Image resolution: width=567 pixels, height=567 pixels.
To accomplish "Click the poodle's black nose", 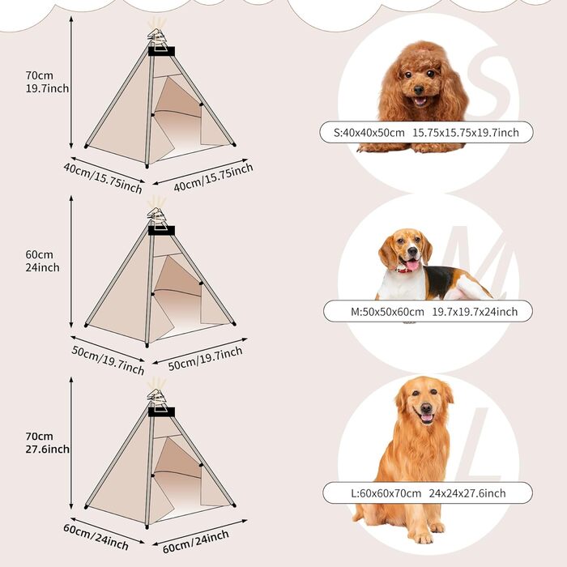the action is [x=419, y=89].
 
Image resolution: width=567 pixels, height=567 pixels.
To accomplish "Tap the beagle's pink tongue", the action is [x=412, y=266].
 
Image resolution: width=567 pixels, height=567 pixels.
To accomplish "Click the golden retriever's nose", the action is [x=426, y=408].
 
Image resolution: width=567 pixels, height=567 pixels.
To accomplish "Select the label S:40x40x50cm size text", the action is [x=369, y=133].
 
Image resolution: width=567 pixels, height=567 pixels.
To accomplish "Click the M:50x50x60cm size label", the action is [x=387, y=312].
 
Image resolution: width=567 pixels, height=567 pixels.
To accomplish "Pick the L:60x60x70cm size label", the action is [x=386, y=493].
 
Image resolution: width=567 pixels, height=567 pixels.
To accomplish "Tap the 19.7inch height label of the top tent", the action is [x=47, y=88].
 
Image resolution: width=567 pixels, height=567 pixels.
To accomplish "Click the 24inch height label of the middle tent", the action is [x=42, y=267].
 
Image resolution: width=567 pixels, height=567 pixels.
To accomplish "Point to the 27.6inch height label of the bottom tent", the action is [x=47, y=449].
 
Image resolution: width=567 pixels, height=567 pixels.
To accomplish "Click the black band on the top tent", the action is [x=161, y=51].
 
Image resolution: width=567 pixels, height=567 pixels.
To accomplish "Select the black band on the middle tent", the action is [x=161, y=231].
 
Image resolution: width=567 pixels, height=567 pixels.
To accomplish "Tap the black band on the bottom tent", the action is [x=161, y=411].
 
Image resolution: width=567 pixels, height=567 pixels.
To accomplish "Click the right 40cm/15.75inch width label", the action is [x=213, y=177].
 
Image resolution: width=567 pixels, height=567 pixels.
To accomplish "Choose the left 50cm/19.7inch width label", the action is [x=108, y=360].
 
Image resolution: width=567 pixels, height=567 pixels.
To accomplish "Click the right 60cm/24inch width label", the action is [x=196, y=541].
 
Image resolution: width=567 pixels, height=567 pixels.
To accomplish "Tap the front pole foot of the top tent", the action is [x=147, y=166].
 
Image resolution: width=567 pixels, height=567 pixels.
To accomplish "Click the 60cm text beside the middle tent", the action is [x=39, y=254].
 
